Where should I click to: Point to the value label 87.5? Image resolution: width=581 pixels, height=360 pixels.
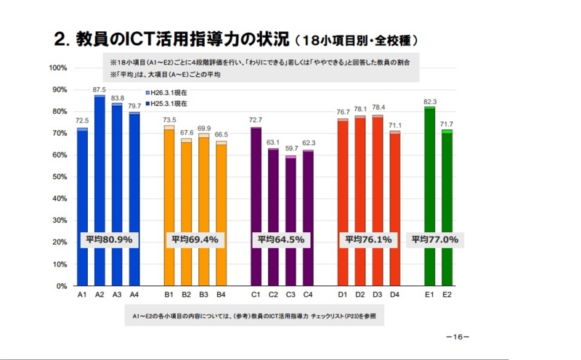click(99, 89)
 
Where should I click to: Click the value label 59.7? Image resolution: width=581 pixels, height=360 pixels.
click(290, 150)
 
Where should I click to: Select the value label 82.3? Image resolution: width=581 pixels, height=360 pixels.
click(429, 101)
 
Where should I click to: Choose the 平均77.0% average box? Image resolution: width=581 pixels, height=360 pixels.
click(434, 239)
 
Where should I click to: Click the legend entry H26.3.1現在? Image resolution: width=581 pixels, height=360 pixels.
click(170, 94)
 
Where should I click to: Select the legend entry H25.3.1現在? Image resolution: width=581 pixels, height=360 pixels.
click(170, 104)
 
